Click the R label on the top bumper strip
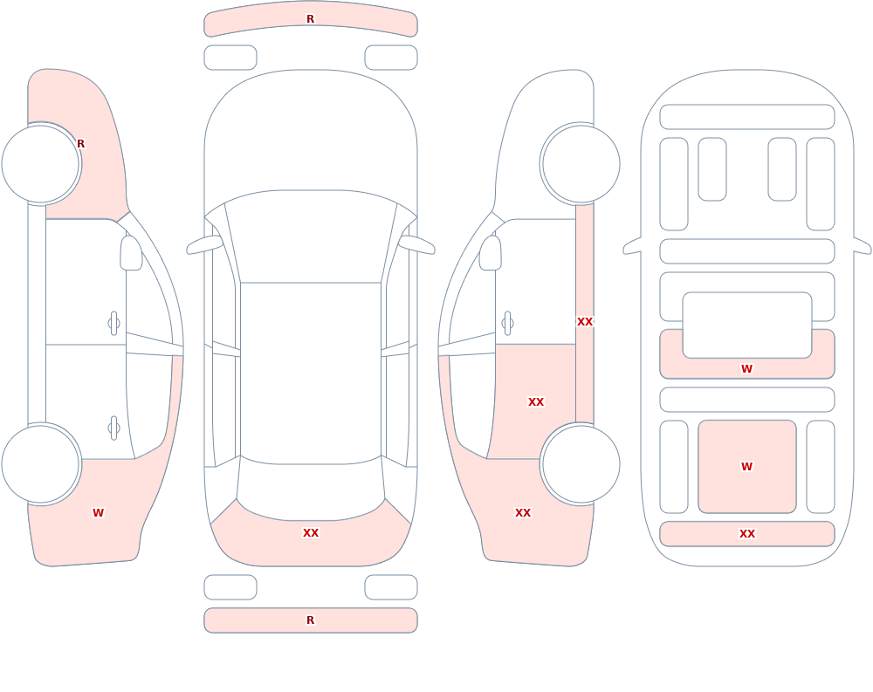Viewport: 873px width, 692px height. coord(310,19)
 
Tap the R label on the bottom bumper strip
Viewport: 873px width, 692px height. coord(310,620)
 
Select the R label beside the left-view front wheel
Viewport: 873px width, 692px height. coord(80,144)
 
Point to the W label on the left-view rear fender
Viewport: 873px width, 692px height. coord(98,513)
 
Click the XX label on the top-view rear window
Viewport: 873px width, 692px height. coord(311,533)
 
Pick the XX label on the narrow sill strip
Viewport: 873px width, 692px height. coord(585,322)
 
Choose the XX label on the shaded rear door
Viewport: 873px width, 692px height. coord(536,402)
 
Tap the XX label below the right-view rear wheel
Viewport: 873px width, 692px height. coord(523,513)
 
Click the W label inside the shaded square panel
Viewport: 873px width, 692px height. coord(746,467)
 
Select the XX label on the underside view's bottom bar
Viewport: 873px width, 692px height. coord(747,534)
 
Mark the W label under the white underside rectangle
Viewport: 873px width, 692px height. coord(746,368)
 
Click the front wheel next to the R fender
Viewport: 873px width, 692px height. coord(41,164)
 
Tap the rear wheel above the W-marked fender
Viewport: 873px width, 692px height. coord(41,464)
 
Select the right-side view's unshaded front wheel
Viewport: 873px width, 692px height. coord(581,164)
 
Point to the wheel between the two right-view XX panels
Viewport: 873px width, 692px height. coord(581,464)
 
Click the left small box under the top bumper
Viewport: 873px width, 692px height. coord(230,58)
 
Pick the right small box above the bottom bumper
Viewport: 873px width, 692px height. coord(391,587)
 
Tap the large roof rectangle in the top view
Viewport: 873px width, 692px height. coord(311,373)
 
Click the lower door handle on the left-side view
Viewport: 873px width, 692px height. coord(113,428)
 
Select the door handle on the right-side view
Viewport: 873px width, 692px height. coord(507,324)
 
